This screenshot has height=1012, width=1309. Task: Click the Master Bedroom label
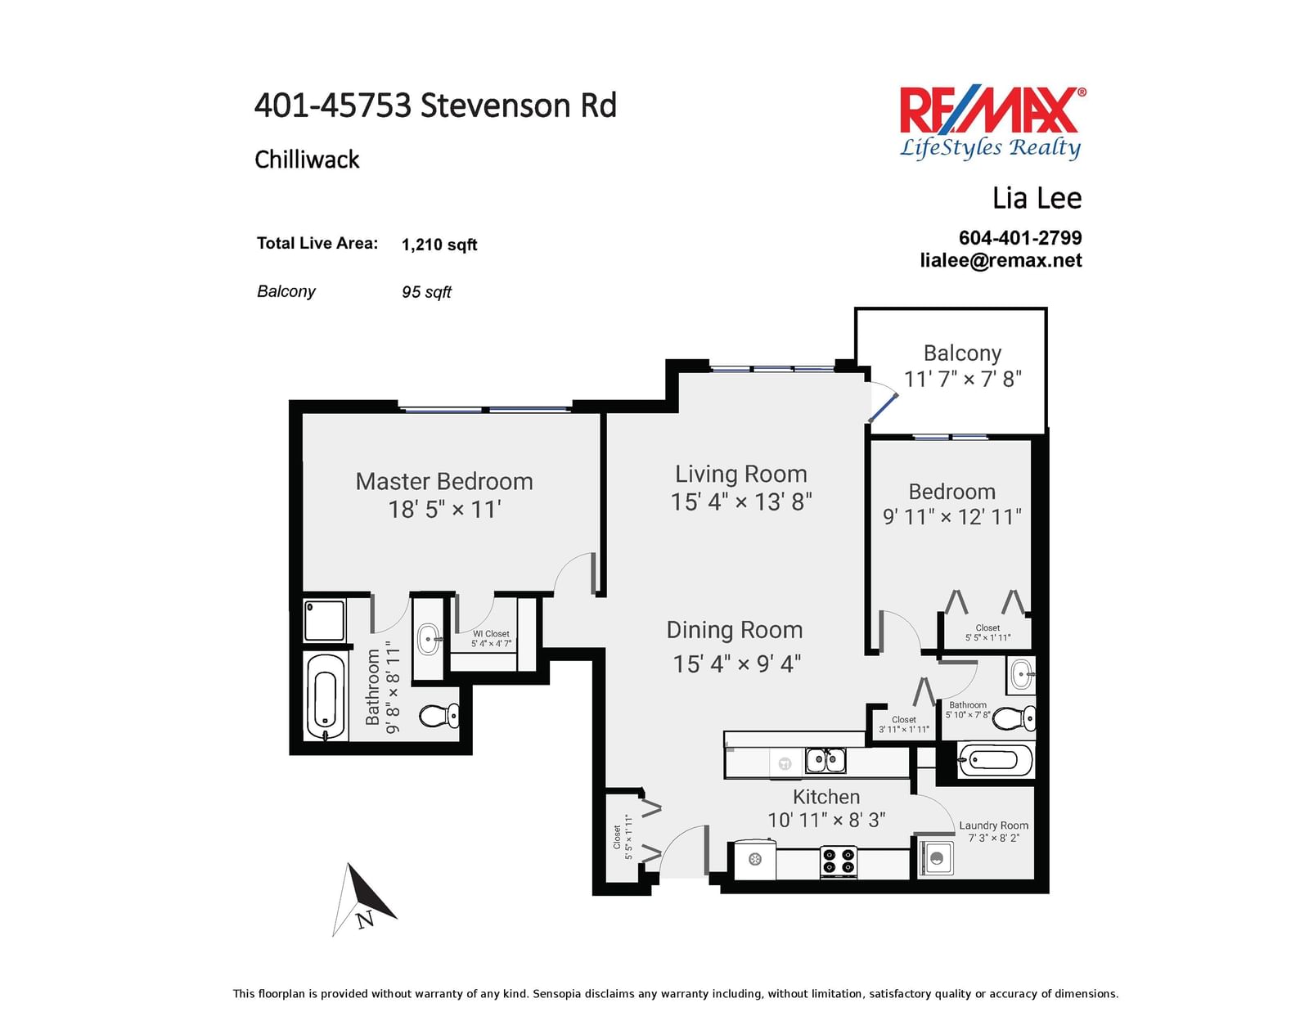(444, 482)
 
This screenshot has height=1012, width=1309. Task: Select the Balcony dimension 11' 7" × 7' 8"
(963, 380)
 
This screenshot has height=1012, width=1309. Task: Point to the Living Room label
(741, 474)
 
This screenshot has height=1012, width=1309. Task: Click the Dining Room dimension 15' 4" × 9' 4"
(737, 663)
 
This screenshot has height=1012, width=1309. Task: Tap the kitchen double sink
(825, 760)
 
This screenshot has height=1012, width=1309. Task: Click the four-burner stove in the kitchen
(839, 861)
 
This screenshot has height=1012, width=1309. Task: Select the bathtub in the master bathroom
(326, 696)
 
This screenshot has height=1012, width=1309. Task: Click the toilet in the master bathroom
(439, 716)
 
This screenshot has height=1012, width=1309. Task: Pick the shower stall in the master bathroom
(324, 620)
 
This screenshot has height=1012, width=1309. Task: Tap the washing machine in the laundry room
(935, 858)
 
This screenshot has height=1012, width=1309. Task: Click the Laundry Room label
(993, 825)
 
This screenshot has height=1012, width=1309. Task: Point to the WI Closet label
(491, 634)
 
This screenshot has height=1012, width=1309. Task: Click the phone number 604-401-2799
(1020, 238)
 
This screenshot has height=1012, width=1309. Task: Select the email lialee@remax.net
(1001, 260)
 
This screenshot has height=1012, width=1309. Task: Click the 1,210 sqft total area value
(439, 245)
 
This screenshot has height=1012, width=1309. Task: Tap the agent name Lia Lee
(1037, 198)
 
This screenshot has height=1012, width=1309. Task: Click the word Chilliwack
(307, 160)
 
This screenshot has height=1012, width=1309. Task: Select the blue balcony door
(883, 408)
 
